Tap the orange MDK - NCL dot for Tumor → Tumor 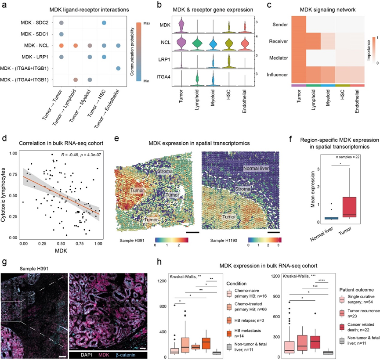[61, 45]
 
